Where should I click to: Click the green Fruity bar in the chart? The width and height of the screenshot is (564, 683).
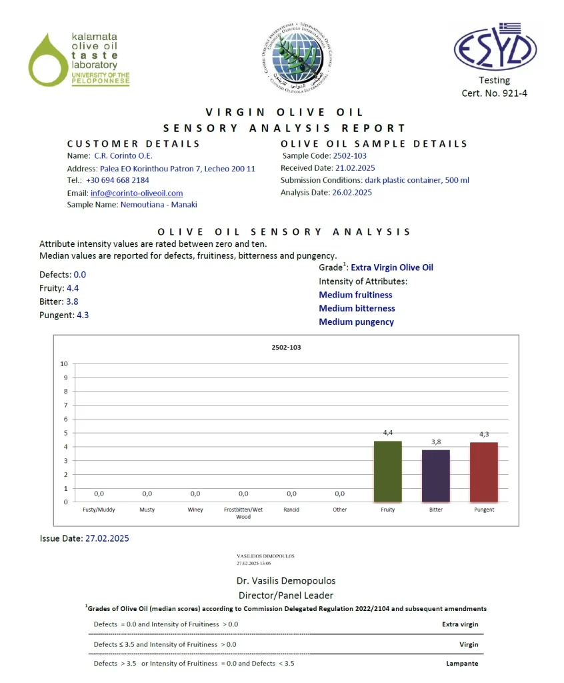tap(387, 471)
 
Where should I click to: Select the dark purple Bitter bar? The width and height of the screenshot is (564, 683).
tap(435, 476)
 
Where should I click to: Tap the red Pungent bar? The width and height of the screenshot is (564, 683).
tap(483, 472)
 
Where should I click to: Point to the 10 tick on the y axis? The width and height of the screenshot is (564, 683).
tap(64, 364)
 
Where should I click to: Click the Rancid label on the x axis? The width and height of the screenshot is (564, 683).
tap(291, 510)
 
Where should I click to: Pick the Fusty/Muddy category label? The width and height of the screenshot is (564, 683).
tap(99, 510)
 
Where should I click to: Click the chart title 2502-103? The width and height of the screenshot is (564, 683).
tap(286, 347)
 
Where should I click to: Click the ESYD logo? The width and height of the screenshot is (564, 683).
tap(495, 47)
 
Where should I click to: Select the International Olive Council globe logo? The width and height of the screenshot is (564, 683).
tap(295, 53)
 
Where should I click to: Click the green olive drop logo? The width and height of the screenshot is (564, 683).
tap(47, 60)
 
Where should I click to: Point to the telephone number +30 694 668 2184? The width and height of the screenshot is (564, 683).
tap(117, 180)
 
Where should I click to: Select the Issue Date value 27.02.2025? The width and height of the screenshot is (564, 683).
tap(107, 538)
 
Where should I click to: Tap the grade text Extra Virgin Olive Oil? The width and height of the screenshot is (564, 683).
tap(392, 267)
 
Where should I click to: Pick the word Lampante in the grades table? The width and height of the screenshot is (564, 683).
tap(462, 664)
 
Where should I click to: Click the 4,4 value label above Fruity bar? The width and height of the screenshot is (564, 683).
tap(387, 433)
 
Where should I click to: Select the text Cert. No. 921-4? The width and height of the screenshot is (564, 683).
tap(494, 93)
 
